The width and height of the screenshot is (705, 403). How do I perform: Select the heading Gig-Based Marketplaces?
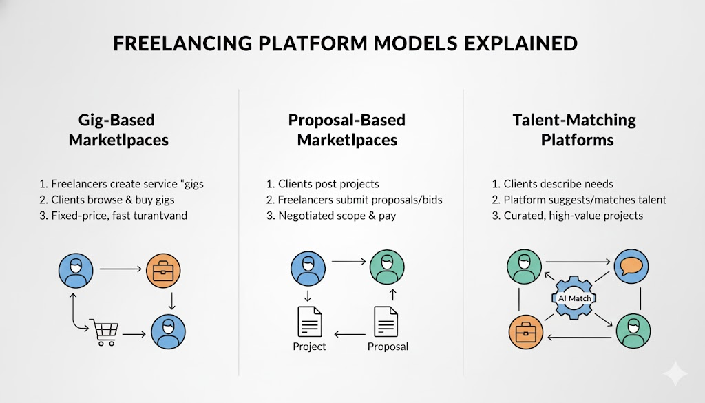click(118, 130)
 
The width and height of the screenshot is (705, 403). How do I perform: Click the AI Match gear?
click(574, 298)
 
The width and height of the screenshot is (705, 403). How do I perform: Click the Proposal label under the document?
click(388, 346)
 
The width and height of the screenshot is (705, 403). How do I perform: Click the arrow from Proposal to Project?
click(348, 335)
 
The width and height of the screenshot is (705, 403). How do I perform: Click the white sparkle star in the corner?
click(675, 374)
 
